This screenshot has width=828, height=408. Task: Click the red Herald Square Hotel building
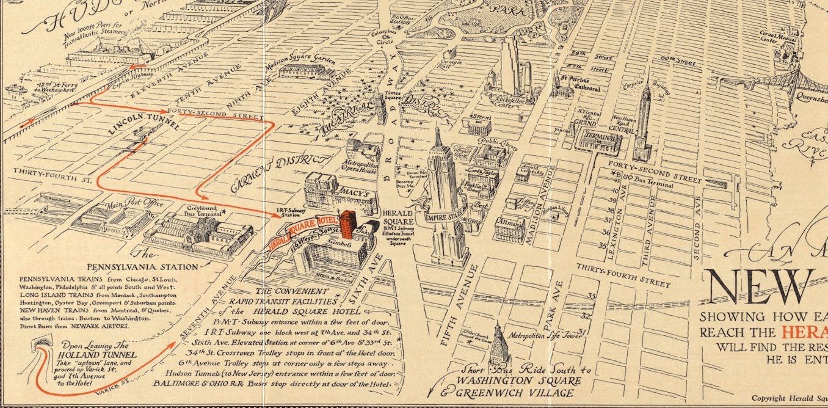point(347,224)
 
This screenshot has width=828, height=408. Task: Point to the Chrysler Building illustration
point(642,122)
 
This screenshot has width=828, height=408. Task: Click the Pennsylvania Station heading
point(142,266)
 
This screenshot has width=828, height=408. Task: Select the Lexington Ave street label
point(620,211)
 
